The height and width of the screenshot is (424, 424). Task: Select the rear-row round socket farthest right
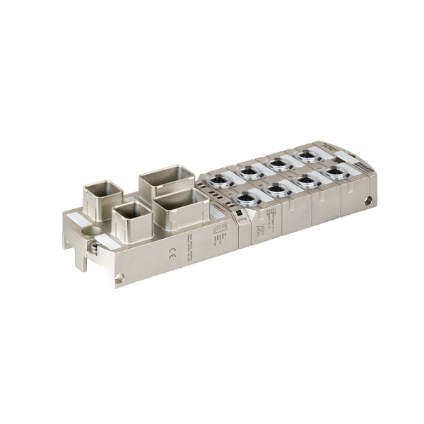(307, 155)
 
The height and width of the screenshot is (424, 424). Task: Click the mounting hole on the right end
(367, 201)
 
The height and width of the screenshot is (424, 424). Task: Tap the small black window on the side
(239, 212)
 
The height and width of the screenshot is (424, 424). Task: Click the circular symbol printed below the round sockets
(259, 230)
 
